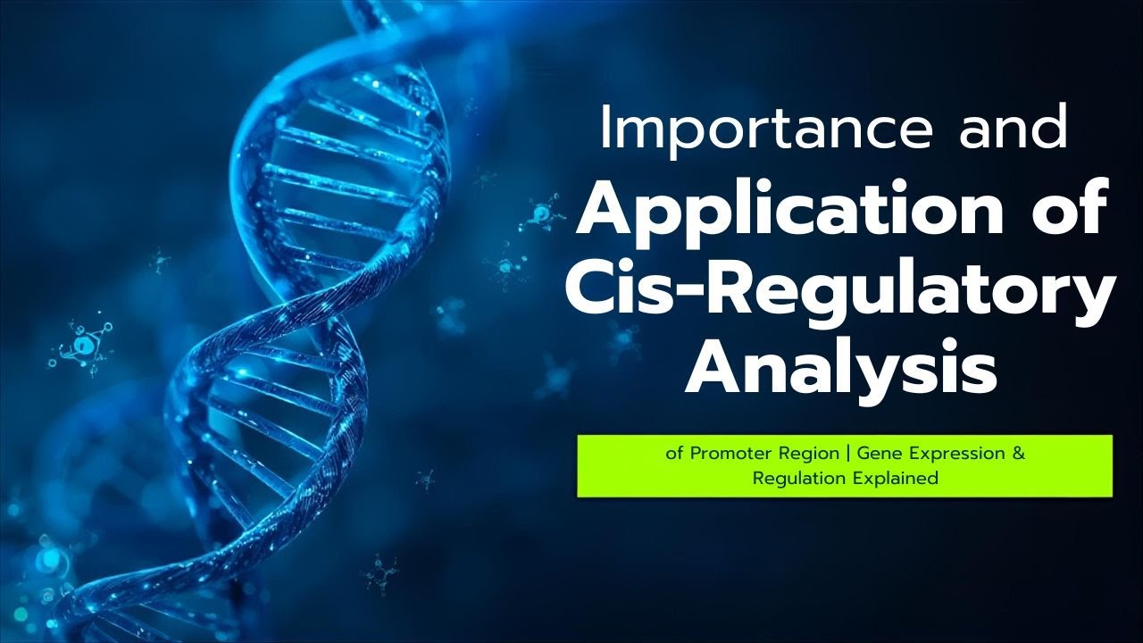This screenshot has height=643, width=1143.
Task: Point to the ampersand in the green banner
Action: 1019,454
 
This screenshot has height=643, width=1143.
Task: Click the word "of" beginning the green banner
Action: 675,454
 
